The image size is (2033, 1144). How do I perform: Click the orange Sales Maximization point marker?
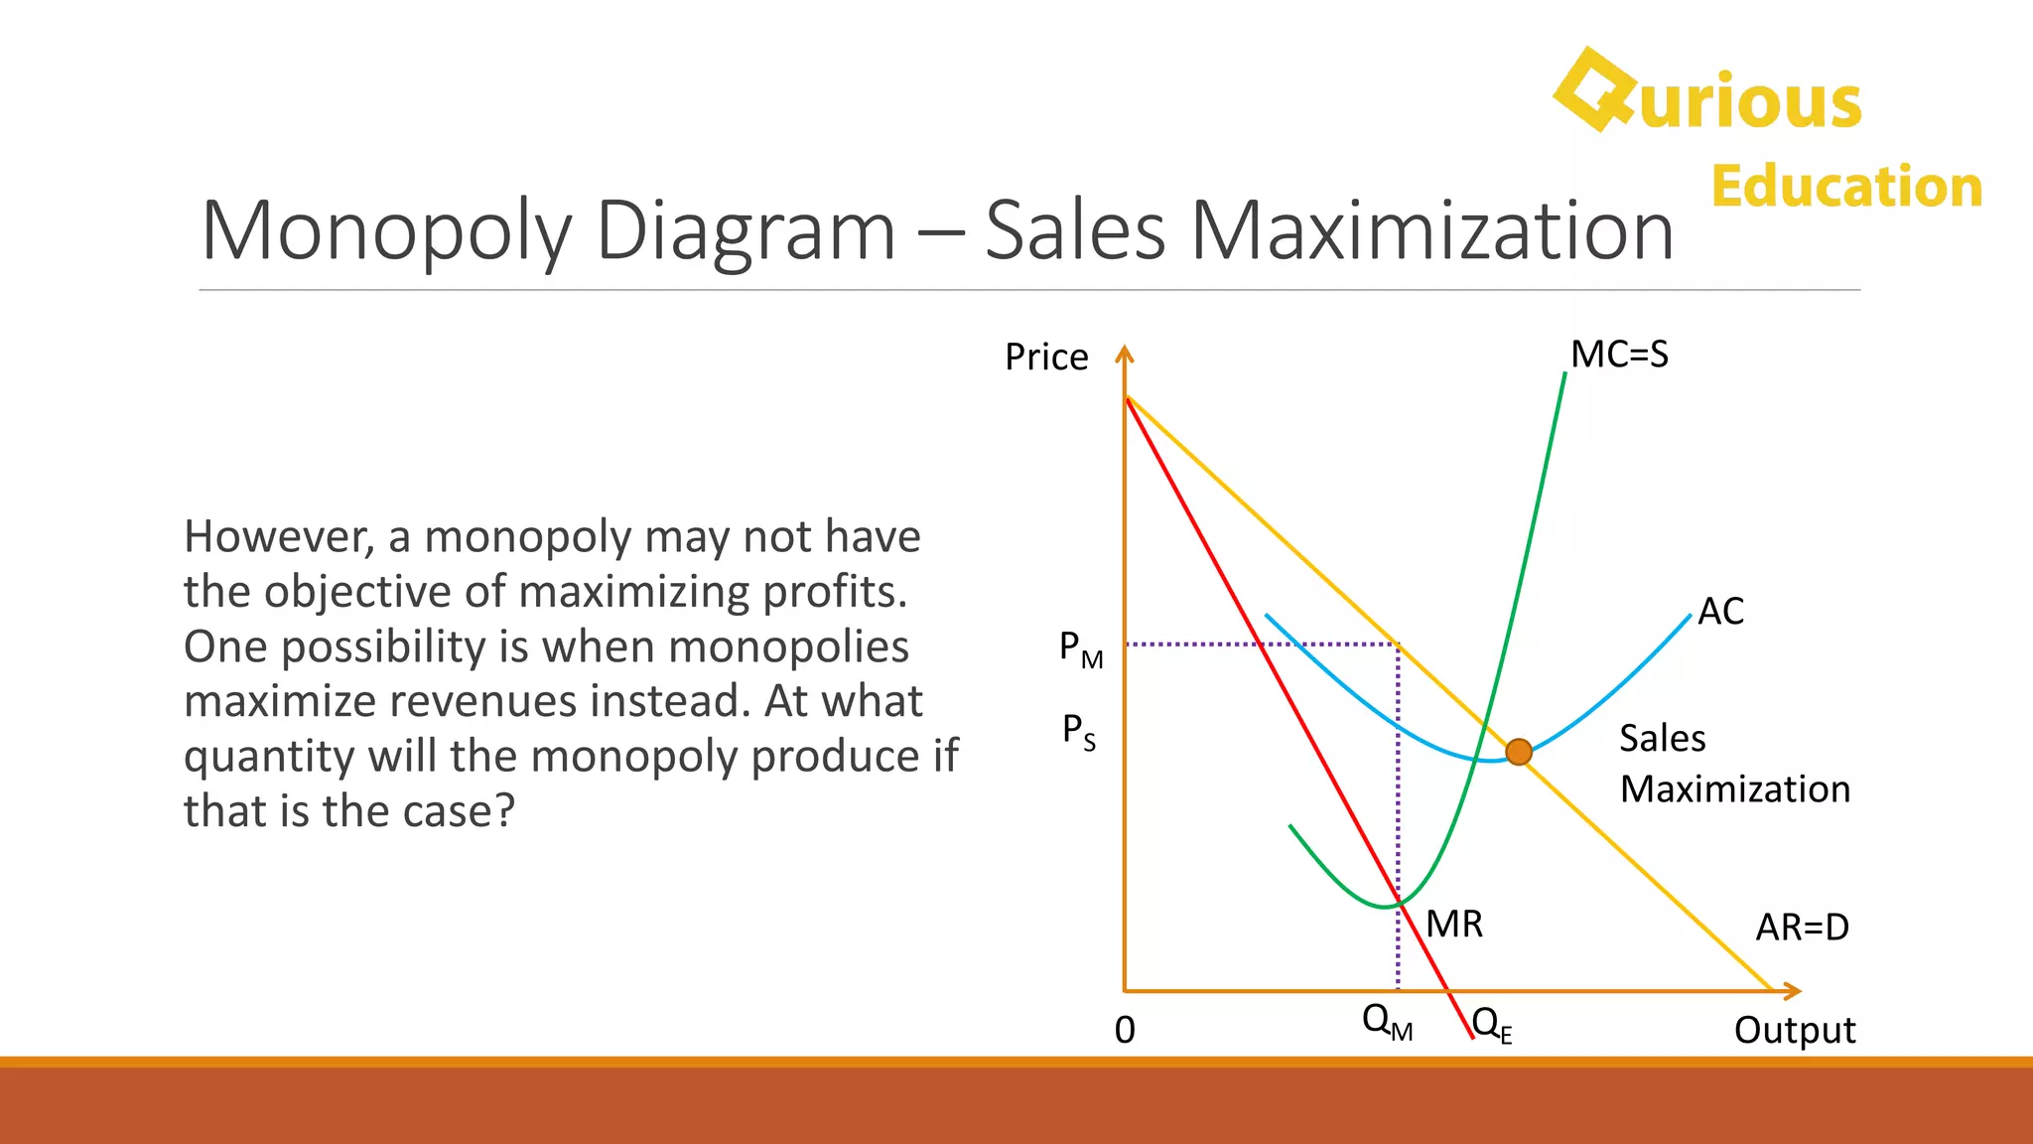pyautogui.click(x=1518, y=752)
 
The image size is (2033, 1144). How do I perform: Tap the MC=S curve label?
pyautogui.click(x=1619, y=355)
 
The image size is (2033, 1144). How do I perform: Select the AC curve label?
pyautogui.click(x=1720, y=611)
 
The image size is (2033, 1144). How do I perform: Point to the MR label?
pyautogui.click(x=1454, y=925)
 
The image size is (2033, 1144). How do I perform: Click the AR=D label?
pyautogui.click(x=1802, y=928)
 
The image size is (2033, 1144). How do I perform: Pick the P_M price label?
pyautogui.click(x=1081, y=650)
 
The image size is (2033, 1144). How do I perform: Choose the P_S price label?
pyautogui.click(x=1079, y=732)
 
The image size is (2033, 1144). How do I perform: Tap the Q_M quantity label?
pyautogui.click(x=1387, y=1022)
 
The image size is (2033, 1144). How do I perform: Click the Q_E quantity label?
pyautogui.click(x=1492, y=1025)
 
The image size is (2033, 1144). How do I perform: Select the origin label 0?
pyautogui.click(x=1125, y=1031)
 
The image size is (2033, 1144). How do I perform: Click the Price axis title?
pyautogui.click(x=1046, y=357)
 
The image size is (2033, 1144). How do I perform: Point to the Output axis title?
pyautogui.click(x=1795, y=1031)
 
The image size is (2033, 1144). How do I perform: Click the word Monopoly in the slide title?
pyautogui.click(x=386, y=232)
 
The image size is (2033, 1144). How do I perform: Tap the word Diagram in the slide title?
pyautogui.click(x=746, y=232)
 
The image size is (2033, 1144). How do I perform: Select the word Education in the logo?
pyautogui.click(x=1846, y=187)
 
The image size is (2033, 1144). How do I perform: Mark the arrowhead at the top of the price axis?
pyautogui.click(x=1124, y=354)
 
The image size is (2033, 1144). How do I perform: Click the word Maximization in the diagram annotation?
pyautogui.click(x=1735, y=789)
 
